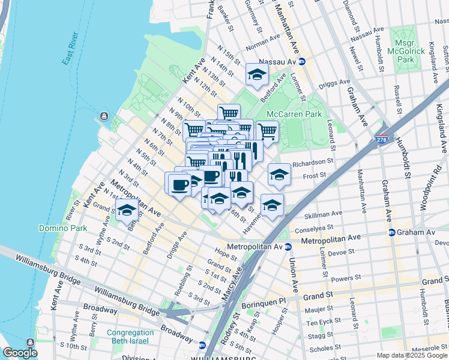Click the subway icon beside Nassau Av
click(303, 61)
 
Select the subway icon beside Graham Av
click(391, 232)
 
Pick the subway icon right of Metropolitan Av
click(288, 247)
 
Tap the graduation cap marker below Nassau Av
click(257, 75)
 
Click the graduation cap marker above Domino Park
click(126, 211)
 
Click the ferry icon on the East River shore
click(104, 116)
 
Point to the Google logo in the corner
click(20, 353)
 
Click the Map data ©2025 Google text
click(411, 355)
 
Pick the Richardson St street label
click(312, 162)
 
